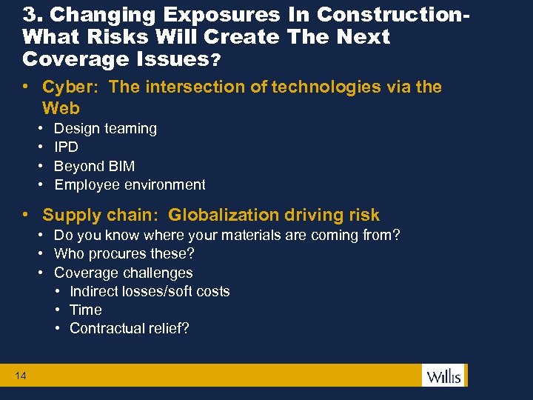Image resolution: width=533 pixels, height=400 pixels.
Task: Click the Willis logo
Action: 443,375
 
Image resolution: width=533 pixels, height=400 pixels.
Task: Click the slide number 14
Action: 21,376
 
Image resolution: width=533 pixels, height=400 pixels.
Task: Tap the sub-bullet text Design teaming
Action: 105,128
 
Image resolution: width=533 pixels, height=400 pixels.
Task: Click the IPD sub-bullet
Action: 66,147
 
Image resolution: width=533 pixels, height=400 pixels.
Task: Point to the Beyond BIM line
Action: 94,166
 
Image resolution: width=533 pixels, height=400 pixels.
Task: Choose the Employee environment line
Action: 130,184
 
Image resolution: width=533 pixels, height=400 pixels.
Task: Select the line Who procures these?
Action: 124,253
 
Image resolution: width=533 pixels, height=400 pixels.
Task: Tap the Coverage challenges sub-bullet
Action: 123,273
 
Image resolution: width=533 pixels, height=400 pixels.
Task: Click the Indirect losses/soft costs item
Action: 150,291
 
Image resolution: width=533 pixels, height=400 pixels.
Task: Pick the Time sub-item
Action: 86,310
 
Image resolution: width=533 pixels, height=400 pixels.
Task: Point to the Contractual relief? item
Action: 129,328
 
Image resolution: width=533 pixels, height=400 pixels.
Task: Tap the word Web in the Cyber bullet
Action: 61,108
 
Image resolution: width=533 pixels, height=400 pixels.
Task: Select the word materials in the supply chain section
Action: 249,235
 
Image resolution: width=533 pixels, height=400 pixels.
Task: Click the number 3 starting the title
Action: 28,14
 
